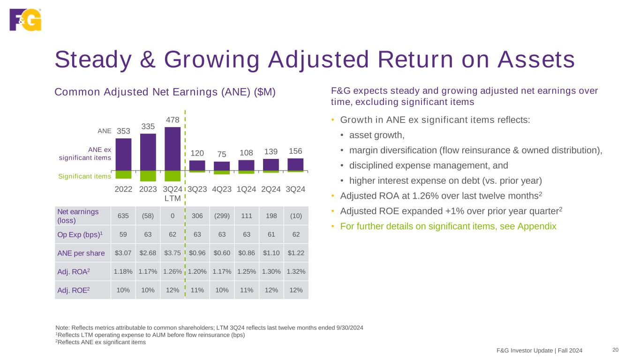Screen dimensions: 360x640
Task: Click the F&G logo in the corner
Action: coord(25,19)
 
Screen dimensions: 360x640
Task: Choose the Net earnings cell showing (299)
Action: coord(222,216)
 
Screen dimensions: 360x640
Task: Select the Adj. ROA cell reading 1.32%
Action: coord(296,271)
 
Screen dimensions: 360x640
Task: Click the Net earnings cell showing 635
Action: coord(123,216)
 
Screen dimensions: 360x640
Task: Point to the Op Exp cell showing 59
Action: coord(123,234)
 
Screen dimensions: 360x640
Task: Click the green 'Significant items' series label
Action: coord(84,176)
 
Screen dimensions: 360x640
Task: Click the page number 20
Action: coord(616,350)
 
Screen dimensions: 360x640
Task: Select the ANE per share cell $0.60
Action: coord(222,253)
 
